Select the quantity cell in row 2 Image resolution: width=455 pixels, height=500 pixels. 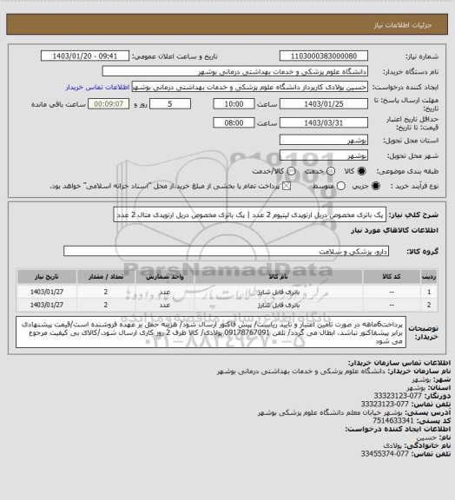(x=106, y=305)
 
